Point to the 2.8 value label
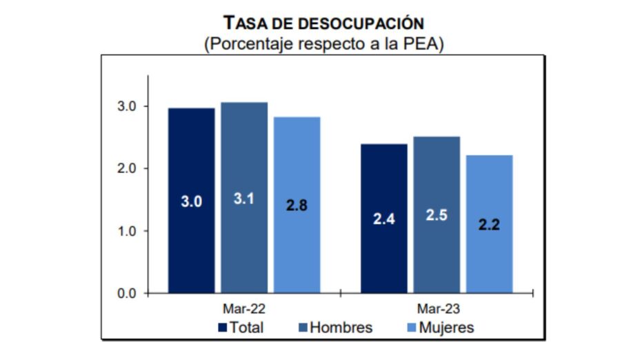tap(297, 206)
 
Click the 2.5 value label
tap(437, 215)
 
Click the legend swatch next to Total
tap(222, 328)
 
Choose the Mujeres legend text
tap(448, 328)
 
